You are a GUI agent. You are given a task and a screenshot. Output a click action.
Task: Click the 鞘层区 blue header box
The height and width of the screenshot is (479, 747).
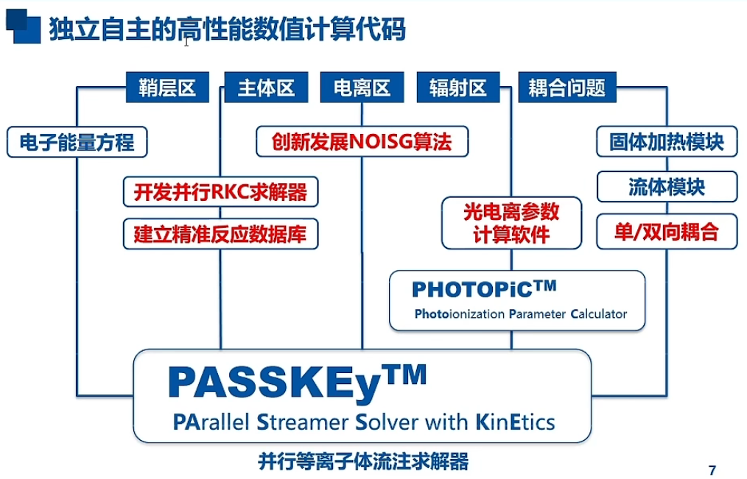[167, 88]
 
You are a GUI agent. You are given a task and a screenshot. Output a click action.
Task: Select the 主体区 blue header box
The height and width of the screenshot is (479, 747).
[266, 88]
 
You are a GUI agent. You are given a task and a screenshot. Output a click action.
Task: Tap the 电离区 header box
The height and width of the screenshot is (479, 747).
[362, 88]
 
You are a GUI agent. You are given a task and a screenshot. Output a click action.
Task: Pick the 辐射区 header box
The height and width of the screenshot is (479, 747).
[458, 88]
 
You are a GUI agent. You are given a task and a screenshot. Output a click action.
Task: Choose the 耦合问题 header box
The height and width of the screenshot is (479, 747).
[567, 88]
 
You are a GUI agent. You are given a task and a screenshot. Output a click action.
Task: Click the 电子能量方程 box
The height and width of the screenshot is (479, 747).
[77, 142]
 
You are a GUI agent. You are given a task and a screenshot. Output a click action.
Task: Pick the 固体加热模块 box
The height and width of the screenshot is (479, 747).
[666, 141]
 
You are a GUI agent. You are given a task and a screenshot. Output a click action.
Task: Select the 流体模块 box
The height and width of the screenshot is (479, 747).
[666, 187]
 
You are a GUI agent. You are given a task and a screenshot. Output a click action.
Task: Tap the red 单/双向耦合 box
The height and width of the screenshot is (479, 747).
[666, 232]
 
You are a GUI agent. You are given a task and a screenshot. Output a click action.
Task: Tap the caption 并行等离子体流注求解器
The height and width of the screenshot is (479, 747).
[363, 461]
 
